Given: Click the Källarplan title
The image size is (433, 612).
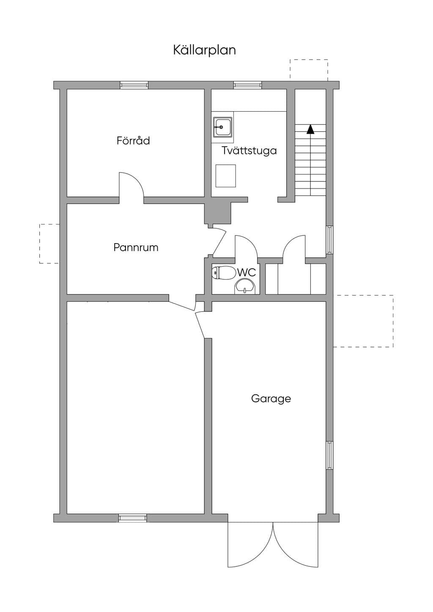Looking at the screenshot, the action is pyautogui.click(x=205, y=51).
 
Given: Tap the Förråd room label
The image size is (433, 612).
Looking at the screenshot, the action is pyautogui.click(x=133, y=140).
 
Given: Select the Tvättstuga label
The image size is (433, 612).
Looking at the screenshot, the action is pyautogui.click(x=249, y=150).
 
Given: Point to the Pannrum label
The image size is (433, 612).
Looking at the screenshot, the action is pyautogui.click(x=136, y=248).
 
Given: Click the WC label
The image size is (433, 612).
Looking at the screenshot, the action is pyautogui.click(x=247, y=272).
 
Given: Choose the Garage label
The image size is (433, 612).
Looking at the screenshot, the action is pyautogui.click(x=271, y=399).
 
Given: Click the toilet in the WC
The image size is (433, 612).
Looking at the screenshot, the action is pyautogui.click(x=223, y=273).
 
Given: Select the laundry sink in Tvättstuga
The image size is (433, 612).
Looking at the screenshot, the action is pyautogui.click(x=222, y=127).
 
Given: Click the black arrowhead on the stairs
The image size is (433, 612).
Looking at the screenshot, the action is pyautogui.click(x=310, y=129).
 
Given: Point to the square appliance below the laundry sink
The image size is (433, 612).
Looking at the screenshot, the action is pyautogui.click(x=225, y=176).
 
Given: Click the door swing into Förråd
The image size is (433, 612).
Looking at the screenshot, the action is pyautogui.click(x=131, y=185).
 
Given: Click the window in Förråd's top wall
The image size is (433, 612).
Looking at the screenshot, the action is pyautogui.click(x=134, y=85).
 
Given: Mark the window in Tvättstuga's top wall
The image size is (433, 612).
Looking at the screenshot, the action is pyautogui.click(x=248, y=85).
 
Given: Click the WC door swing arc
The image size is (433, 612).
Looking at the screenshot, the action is pyautogui.click(x=246, y=246).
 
